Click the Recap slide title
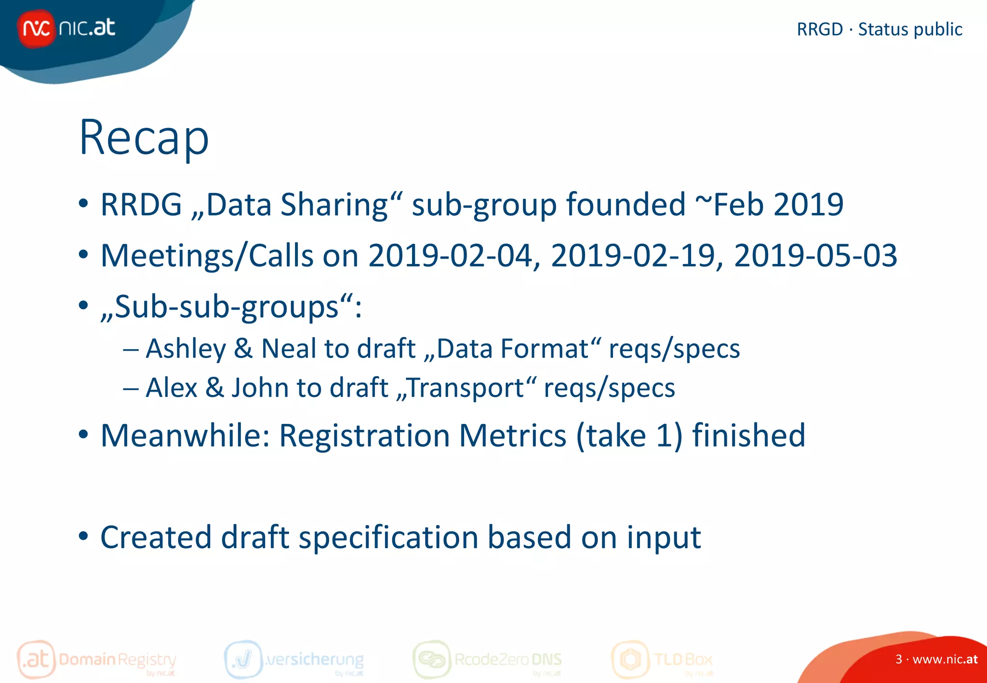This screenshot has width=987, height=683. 144,138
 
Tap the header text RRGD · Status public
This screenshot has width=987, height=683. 879,29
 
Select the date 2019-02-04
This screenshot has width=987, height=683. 451,256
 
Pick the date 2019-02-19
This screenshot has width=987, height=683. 633,256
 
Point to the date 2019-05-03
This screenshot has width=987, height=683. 815,256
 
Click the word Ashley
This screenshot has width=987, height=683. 186,349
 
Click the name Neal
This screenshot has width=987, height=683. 288,349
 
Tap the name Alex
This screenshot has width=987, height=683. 172,388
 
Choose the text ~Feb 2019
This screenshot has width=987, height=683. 769,205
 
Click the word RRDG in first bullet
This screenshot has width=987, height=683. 141,205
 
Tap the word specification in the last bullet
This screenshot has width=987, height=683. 388,538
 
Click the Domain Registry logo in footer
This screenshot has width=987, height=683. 96,659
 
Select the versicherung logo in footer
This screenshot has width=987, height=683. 294,659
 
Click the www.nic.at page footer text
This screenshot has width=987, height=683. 944,659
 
